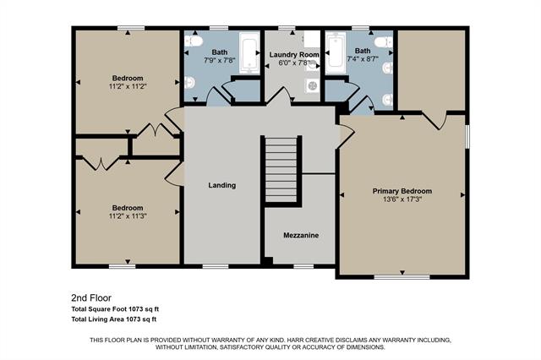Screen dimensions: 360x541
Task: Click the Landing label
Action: (222, 185)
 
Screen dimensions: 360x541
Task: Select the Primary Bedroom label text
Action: (402, 191)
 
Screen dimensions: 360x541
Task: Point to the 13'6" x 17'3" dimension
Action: (402, 199)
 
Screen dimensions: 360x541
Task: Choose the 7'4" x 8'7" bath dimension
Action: (363, 61)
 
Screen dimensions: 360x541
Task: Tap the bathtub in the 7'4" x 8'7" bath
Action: (334, 54)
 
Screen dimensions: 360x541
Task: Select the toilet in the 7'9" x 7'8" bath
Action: (192, 41)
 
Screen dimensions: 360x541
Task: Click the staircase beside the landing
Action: (281, 169)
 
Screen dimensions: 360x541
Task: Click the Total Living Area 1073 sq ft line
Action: (114, 319)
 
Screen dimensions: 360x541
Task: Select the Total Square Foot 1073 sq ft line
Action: (114, 309)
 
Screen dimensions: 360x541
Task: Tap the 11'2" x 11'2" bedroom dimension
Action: (127, 85)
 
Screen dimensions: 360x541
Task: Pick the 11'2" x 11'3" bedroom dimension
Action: (128, 215)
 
